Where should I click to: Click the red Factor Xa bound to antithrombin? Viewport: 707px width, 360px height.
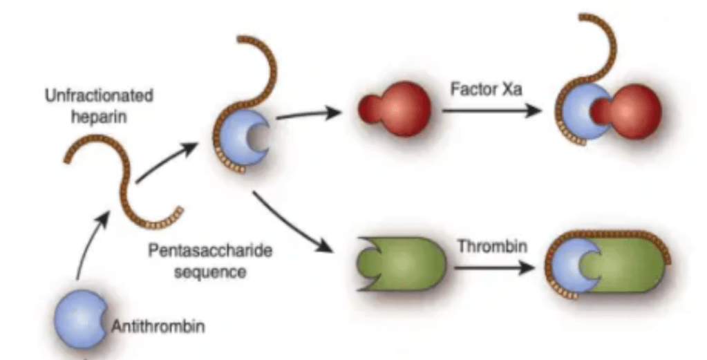tap(632, 111)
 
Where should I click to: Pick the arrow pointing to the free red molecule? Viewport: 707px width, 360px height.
tap(308, 114)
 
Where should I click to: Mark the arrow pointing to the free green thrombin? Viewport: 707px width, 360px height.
tap(290, 221)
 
